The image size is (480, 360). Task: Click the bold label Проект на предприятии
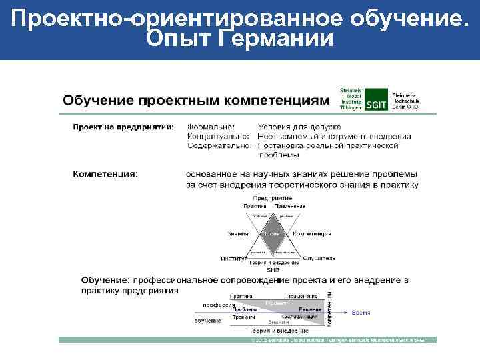click(x=123, y=126)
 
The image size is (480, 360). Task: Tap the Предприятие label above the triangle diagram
click(x=273, y=198)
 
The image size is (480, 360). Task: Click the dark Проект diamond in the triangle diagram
click(x=273, y=235)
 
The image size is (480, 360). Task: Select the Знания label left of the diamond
click(x=237, y=234)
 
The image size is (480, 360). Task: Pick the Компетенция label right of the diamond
click(x=312, y=234)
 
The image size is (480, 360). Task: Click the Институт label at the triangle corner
click(x=233, y=258)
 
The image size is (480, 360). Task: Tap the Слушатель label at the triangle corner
click(x=319, y=258)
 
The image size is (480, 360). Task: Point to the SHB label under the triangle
click(x=273, y=270)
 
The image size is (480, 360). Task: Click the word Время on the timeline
click(x=361, y=312)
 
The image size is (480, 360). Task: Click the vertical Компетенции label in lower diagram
click(x=329, y=309)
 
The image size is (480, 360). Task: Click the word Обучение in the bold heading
click(x=105, y=280)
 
